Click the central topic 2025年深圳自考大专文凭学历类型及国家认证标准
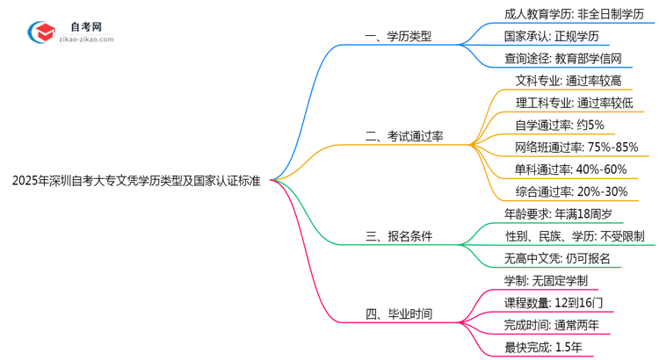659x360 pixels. click(x=136, y=180)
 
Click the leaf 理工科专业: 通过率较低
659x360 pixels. click(x=575, y=103)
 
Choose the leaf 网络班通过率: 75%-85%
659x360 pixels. click(x=576, y=147)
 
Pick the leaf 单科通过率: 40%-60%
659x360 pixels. click(x=570, y=169)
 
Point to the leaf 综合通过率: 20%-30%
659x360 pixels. click(x=570, y=191)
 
